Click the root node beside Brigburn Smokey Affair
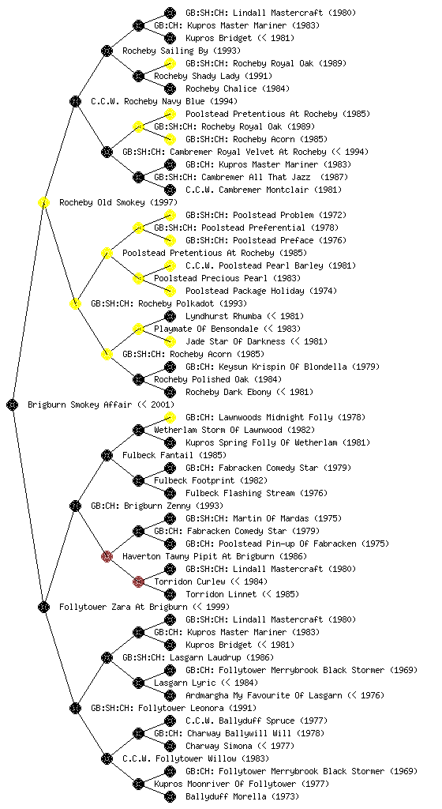pos(13,404)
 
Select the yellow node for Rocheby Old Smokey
pos(43,202)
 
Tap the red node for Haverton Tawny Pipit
pos(107,556)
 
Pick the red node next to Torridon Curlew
pos(138,581)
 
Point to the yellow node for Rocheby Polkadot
pos(75,303)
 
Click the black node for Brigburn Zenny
pos(75,506)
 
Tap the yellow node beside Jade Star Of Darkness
pos(170,341)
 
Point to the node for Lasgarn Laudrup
pos(107,657)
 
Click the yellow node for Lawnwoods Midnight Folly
pos(170,417)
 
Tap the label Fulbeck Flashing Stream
pos(240,493)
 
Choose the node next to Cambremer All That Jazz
pos(138,177)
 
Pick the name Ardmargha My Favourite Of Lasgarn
pos(264,695)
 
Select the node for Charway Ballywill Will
pos(138,733)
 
